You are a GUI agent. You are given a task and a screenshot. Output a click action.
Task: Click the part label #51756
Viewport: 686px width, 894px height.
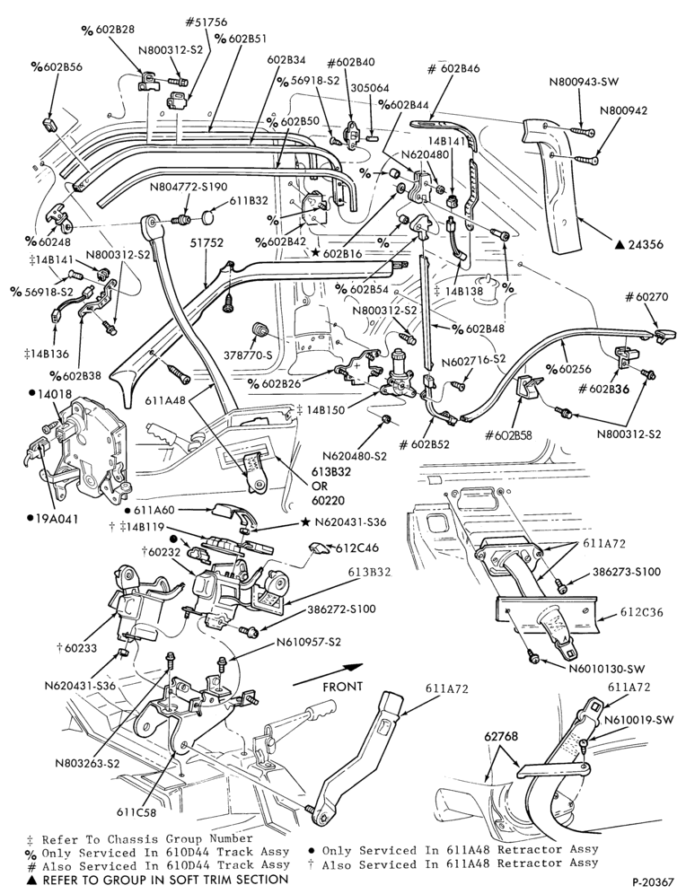click(x=206, y=22)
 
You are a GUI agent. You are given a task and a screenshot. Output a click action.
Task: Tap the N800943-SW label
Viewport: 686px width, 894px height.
click(x=584, y=82)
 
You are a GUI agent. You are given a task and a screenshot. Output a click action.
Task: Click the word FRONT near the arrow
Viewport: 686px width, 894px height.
click(x=343, y=687)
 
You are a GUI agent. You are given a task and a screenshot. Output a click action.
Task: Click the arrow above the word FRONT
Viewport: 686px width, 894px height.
click(x=329, y=672)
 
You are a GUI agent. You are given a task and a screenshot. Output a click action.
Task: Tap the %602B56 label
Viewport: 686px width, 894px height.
click(x=57, y=66)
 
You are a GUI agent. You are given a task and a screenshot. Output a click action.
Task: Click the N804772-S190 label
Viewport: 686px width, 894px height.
click(x=189, y=187)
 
